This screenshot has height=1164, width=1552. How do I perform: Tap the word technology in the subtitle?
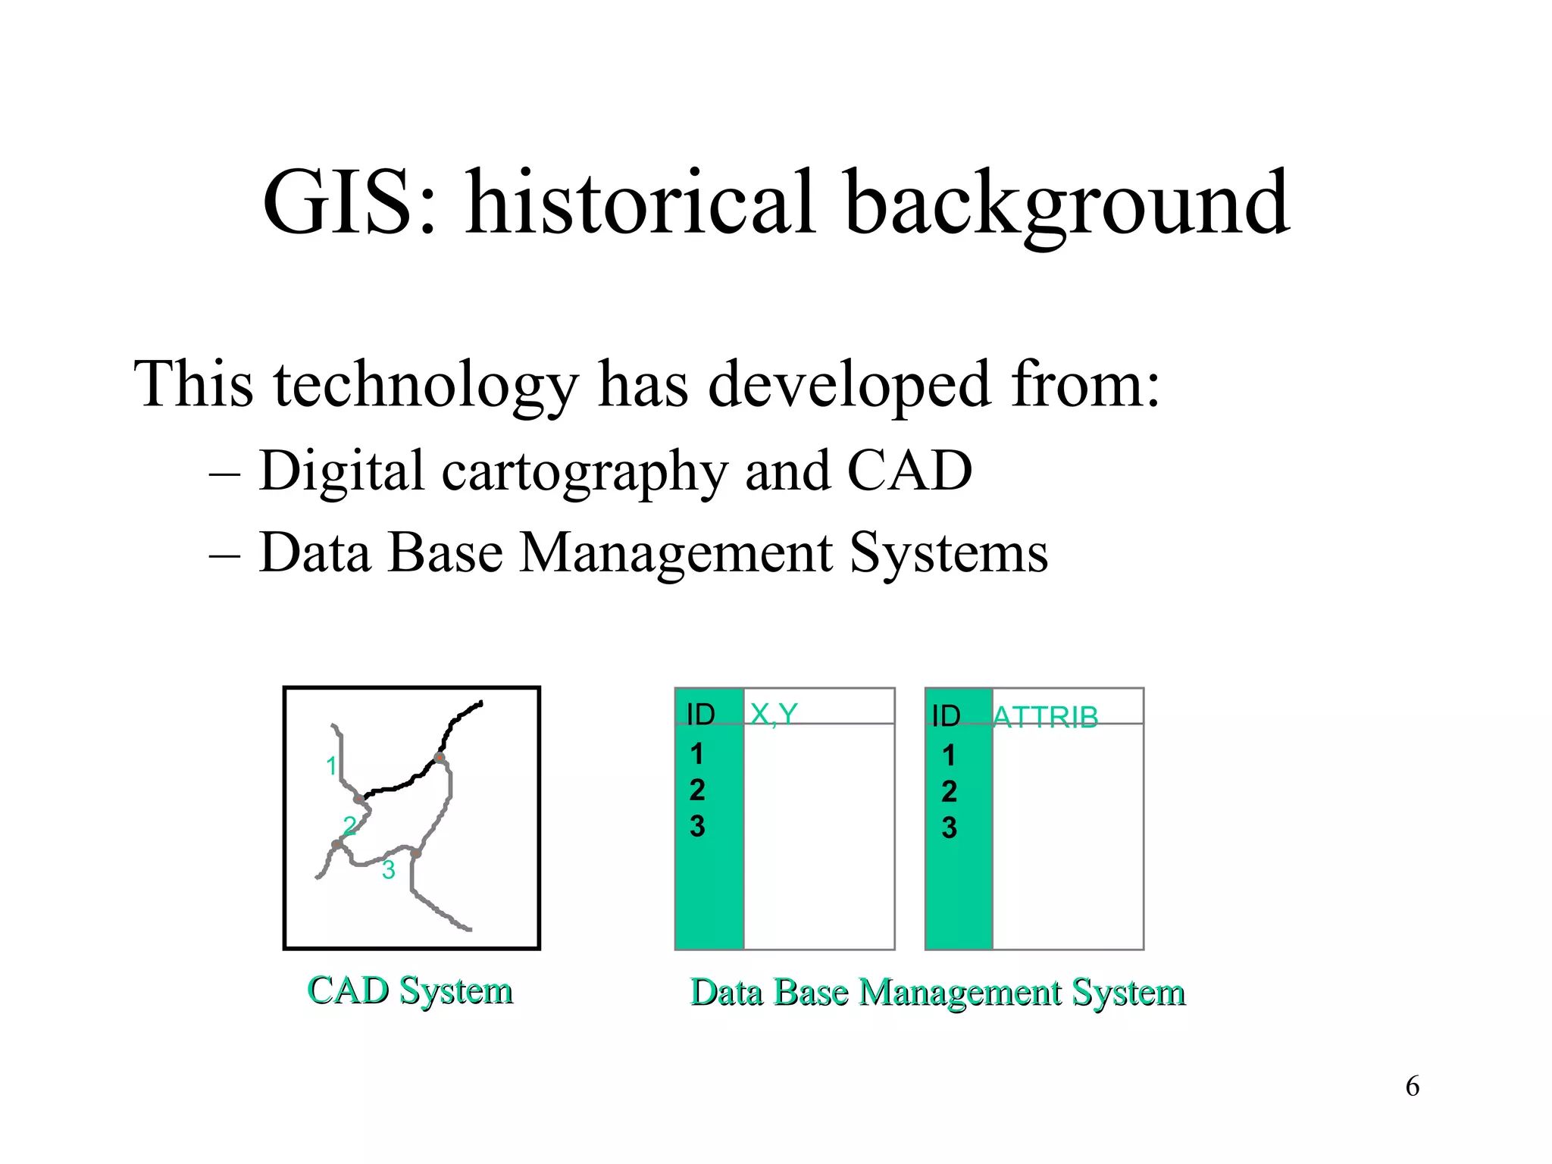click(426, 385)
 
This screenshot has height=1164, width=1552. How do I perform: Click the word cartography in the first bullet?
click(584, 471)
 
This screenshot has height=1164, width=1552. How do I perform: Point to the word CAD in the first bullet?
click(909, 471)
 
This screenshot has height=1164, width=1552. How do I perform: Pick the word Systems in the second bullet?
click(948, 553)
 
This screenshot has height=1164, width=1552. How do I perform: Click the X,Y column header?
click(774, 714)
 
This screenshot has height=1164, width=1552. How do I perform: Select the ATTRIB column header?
click(1045, 717)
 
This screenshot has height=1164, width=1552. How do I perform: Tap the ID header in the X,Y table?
click(701, 715)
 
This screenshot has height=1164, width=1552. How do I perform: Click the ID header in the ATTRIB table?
click(946, 716)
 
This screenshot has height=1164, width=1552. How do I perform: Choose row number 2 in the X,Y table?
click(697, 790)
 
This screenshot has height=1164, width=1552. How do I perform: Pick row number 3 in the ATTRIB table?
click(949, 828)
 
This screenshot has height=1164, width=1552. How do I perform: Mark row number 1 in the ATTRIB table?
click(949, 756)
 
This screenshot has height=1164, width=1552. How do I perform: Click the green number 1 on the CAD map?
click(331, 766)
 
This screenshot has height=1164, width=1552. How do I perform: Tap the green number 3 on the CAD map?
click(389, 870)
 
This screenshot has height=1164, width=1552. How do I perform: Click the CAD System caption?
click(410, 990)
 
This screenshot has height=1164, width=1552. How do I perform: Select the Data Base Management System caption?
click(937, 992)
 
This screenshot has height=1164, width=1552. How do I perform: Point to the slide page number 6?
click(1412, 1087)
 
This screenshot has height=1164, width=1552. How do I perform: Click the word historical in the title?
click(641, 203)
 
